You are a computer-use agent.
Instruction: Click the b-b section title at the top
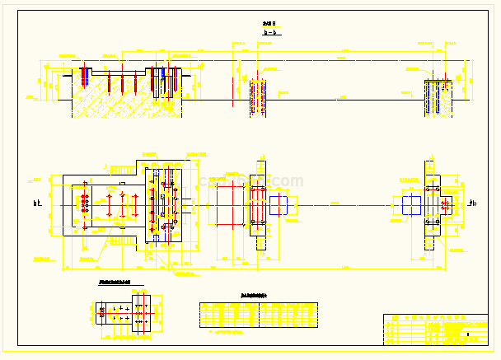tap(269, 32)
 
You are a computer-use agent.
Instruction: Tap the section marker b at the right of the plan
tap(471, 204)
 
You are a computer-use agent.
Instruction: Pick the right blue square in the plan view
tap(411, 204)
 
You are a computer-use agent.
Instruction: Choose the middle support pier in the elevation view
tap(259, 97)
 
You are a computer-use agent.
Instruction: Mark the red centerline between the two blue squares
tap(346, 204)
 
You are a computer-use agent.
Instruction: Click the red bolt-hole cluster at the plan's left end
tap(83, 203)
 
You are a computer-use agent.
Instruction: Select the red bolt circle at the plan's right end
tap(446, 203)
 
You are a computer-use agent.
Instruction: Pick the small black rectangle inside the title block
tap(467, 335)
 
